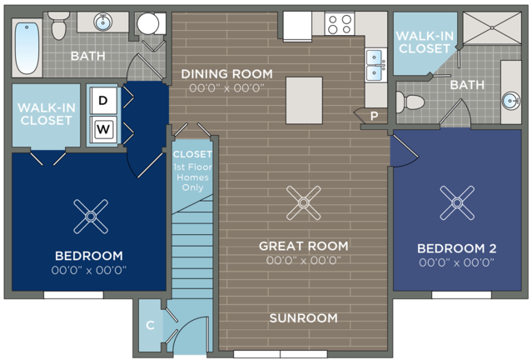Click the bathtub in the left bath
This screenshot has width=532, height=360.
pyautogui.click(x=27, y=47)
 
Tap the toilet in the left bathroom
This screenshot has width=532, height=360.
pyautogui.click(x=59, y=26)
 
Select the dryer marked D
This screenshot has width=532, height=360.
pyautogui.click(x=103, y=101)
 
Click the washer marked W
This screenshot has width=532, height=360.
pyautogui.click(x=103, y=129)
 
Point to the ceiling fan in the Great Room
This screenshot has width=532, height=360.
pyautogui.click(x=303, y=202)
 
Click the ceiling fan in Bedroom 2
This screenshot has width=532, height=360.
pyautogui.click(x=457, y=202)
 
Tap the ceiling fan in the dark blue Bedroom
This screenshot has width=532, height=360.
pyautogui.click(x=91, y=217)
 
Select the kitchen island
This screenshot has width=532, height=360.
pyautogui.click(x=304, y=101)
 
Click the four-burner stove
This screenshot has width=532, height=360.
pyautogui.click(x=340, y=24)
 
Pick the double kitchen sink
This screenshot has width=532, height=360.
pyautogui.click(x=376, y=64)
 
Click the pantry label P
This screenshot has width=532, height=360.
pyautogui.click(x=375, y=116)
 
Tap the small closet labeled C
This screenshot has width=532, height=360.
pyautogui.click(x=151, y=325)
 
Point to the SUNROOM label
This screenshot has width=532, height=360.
pyautogui.click(x=304, y=318)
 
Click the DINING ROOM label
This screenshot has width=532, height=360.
pyautogui.click(x=226, y=74)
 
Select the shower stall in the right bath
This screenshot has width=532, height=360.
pyautogui.click(x=492, y=28)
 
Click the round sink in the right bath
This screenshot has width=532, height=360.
pyautogui.click(x=510, y=100)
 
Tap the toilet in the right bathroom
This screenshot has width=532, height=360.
pyautogui.click(x=410, y=102)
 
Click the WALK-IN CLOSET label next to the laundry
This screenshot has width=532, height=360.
pyautogui.click(x=46, y=114)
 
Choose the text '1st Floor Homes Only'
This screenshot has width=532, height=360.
pyautogui.click(x=192, y=177)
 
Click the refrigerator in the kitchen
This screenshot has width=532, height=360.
pyautogui.click(x=297, y=27)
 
